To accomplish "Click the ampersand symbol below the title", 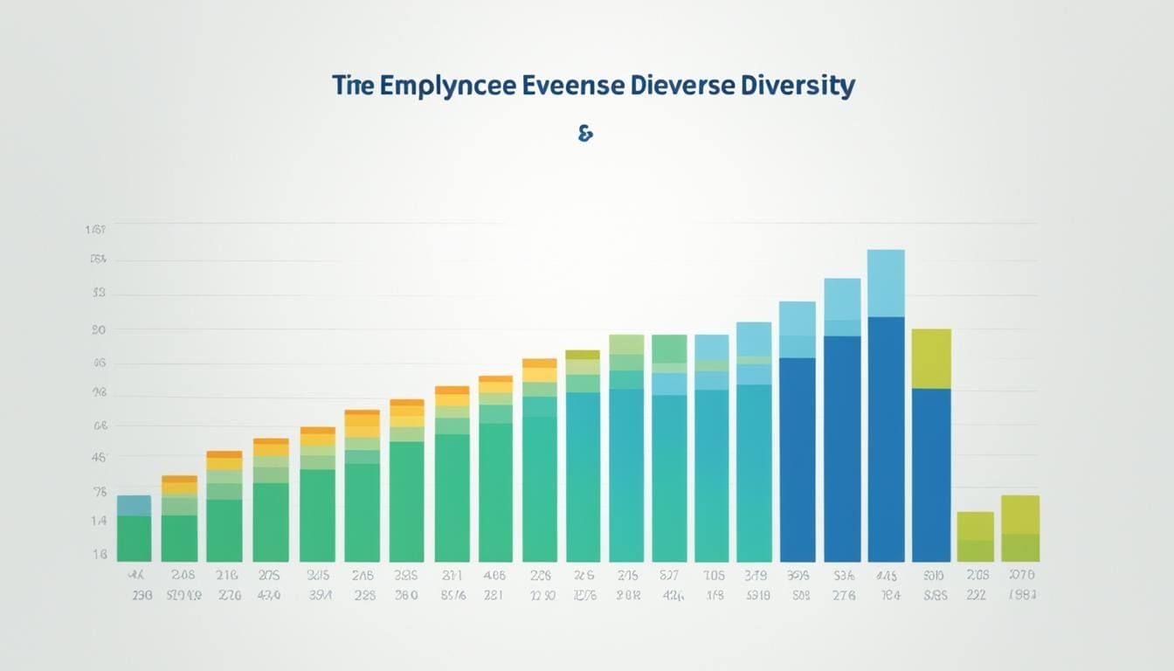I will click(585, 134).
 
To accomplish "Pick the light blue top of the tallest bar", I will click(886, 282).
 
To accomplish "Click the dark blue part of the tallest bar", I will click(886, 437).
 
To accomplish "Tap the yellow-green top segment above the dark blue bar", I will click(931, 358).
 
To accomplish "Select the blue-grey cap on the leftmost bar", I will click(134, 505).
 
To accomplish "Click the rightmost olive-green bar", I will click(1020, 528).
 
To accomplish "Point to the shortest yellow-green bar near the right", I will click(975, 536).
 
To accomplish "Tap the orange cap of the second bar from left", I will click(179, 479).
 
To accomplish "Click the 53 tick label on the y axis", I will click(98, 294).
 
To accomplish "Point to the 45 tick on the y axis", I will click(98, 456).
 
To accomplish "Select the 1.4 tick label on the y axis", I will click(98, 521).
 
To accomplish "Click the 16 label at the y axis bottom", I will click(98, 554).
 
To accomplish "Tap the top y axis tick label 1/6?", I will click(95, 230).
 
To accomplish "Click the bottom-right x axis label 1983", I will click(1020, 596).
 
